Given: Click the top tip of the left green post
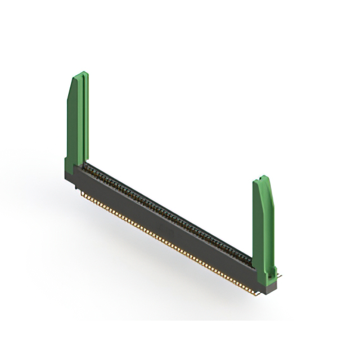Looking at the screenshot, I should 83,73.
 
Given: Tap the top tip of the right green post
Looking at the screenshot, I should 263,177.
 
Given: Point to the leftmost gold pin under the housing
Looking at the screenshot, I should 83,194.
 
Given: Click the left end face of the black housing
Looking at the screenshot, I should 69,180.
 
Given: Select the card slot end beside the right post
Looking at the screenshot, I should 247,259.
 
